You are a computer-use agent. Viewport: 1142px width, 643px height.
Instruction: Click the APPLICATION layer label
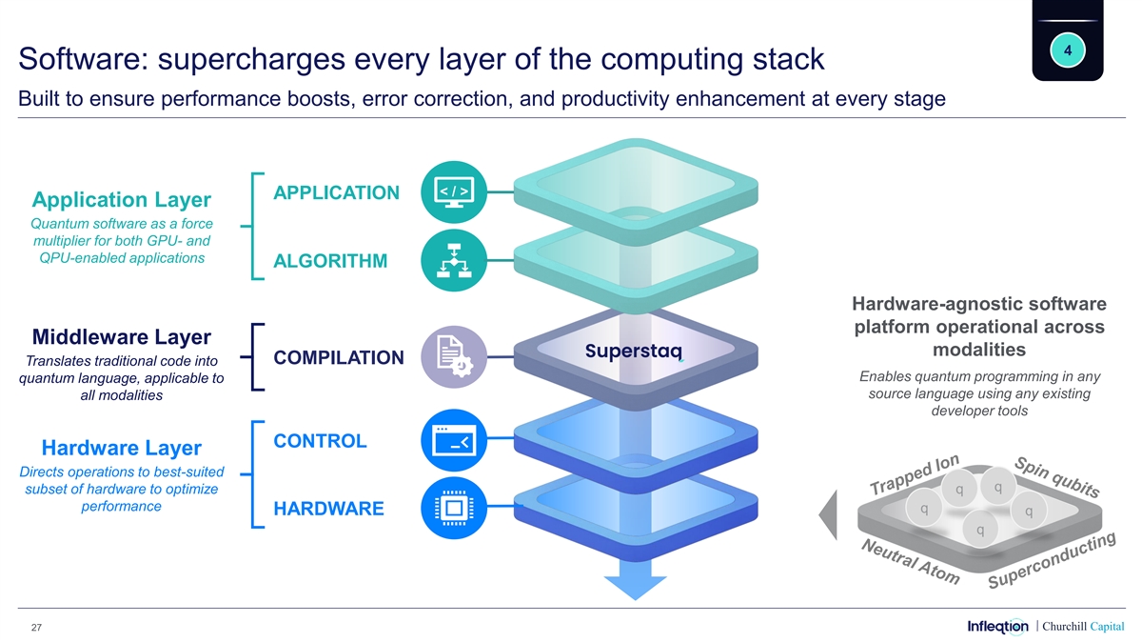(336, 193)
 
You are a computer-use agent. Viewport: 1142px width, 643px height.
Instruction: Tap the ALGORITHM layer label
(330, 262)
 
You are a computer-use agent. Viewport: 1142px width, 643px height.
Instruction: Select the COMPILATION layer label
(338, 358)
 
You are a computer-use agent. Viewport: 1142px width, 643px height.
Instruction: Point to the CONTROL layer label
(320, 441)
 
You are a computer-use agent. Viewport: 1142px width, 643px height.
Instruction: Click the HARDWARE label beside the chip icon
(328, 509)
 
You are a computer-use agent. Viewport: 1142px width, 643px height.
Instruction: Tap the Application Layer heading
(121, 200)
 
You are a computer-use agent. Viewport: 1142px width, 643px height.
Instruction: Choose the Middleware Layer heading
(121, 337)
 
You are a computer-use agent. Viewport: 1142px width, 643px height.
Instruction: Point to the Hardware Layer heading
(121, 448)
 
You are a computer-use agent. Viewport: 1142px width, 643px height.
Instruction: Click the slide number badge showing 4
(1068, 50)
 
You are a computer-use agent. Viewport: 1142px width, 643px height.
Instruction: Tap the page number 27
(35, 627)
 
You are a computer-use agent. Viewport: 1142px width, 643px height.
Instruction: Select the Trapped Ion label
(915, 473)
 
